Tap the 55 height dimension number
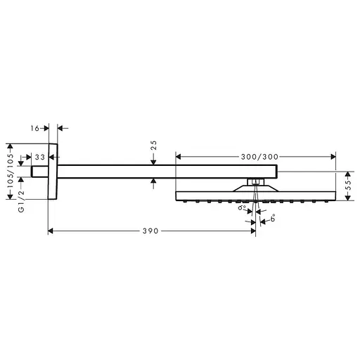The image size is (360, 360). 347,186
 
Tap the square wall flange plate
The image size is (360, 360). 53,171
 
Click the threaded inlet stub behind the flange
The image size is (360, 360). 40,171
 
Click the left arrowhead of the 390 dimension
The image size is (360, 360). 51,230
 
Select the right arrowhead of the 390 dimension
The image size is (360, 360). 253,230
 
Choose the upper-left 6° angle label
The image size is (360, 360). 242,208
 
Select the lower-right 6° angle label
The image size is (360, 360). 271,219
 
